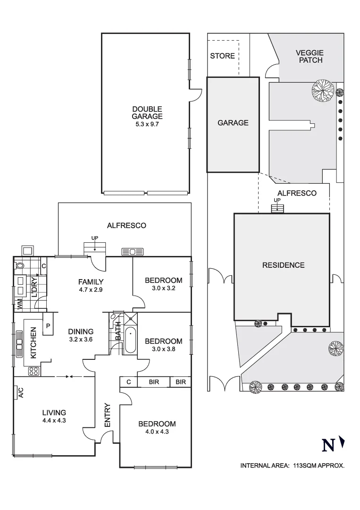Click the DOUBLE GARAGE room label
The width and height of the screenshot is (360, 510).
pos(147,113)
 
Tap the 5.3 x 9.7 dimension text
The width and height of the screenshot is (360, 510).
pos(147,124)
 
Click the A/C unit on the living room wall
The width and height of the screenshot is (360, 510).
pos(20,392)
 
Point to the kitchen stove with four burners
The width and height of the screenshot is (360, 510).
pos(33,371)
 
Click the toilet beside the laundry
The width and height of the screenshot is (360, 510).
pos(20,266)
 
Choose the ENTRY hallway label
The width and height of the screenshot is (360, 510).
pos(107,415)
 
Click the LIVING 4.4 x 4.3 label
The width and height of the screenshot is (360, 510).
pos(54,416)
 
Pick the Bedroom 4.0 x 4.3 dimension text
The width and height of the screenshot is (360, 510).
pos(157,431)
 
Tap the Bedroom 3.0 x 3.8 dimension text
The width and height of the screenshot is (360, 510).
pos(163,349)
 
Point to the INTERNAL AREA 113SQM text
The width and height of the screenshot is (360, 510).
pos(293,466)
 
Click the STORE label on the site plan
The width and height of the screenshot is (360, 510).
pos(222,56)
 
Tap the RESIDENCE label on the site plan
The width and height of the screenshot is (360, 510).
pos(283,265)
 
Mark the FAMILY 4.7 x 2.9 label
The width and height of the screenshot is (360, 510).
pos(91,285)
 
